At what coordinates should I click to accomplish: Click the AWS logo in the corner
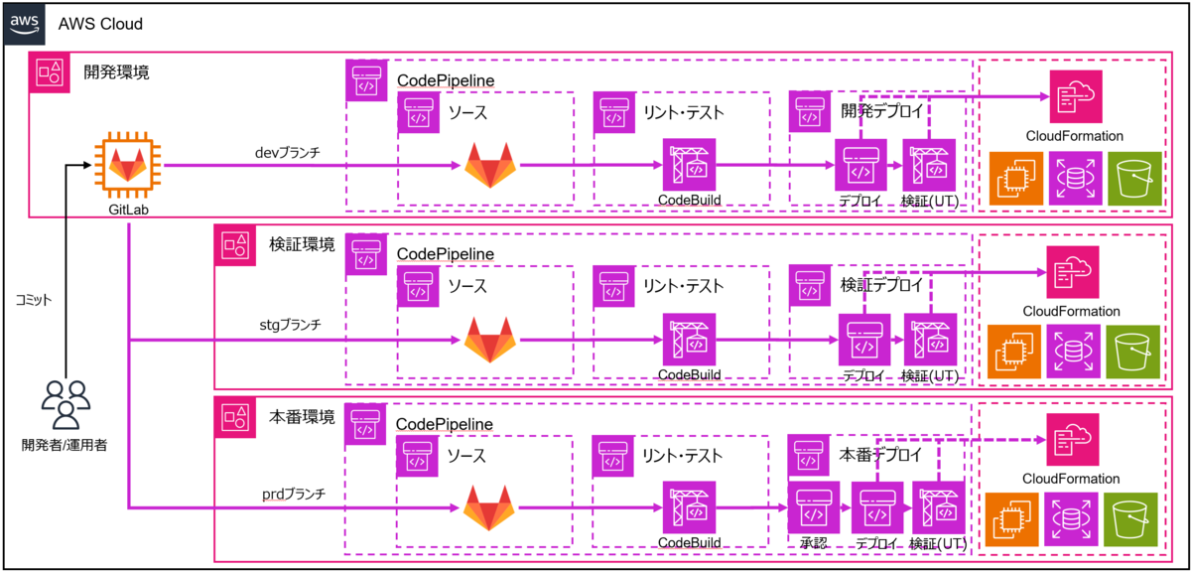(25, 24)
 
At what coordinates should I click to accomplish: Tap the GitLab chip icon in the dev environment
(128, 165)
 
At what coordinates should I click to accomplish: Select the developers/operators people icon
(66, 405)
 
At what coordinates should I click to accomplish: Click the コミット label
(34, 300)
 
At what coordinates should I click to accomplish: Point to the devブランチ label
(288, 153)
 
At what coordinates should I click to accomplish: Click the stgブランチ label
(290, 325)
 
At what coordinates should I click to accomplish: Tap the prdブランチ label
(294, 495)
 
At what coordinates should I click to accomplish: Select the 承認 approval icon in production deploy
(814, 507)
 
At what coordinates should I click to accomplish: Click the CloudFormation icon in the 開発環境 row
(1076, 96)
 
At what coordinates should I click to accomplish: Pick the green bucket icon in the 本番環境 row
(1130, 519)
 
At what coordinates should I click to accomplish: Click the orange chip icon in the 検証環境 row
(1014, 352)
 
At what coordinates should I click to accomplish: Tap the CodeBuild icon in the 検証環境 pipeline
(689, 340)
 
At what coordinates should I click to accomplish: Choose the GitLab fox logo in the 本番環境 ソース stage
(489, 508)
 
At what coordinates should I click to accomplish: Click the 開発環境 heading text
(116, 72)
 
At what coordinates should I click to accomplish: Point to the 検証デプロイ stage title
(881, 285)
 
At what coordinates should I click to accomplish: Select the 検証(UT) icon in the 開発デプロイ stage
(929, 165)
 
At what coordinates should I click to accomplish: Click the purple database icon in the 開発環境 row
(1075, 178)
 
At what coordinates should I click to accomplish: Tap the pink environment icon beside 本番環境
(234, 417)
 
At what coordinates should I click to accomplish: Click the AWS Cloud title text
(100, 24)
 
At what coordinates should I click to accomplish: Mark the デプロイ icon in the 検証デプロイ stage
(864, 340)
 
